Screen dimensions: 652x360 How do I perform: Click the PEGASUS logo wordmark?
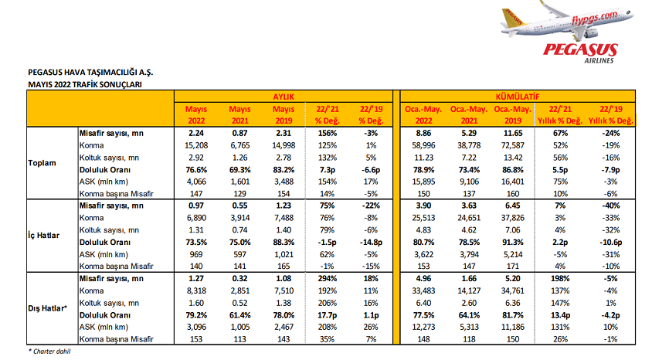[x=580, y=50]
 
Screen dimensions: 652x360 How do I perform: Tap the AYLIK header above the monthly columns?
[x=284, y=97]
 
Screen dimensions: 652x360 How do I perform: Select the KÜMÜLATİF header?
[x=518, y=97]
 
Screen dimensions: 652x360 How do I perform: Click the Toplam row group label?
[x=42, y=163]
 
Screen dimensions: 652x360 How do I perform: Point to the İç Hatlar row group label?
[x=44, y=236]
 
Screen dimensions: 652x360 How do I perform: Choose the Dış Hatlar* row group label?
[x=47, y=308]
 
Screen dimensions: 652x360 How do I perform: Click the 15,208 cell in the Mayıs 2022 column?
[x=196, y=145]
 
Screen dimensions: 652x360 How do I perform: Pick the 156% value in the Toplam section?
[x=328, y=134]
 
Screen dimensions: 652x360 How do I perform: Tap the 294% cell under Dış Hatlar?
[x=328, y=279]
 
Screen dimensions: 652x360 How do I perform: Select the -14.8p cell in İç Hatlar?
[x=371, y=243]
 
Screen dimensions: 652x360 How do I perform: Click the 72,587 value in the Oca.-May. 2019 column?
[x=513, y=145]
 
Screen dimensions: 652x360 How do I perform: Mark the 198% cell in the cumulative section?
[x=560, y=279]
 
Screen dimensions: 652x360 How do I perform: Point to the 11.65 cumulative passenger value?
[x=513, y=134]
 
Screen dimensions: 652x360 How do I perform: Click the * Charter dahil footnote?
[x=49, y=352]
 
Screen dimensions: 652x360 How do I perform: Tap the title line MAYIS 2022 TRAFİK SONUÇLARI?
[x=85, y=84]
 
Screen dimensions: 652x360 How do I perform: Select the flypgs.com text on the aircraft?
[x=595, y=18]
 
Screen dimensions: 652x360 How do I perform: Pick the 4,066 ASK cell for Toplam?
[x=196, y=182]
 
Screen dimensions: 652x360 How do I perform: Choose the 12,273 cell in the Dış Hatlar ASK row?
[x=423, y=327]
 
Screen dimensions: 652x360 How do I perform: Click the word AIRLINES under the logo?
[x=599, y=61]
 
